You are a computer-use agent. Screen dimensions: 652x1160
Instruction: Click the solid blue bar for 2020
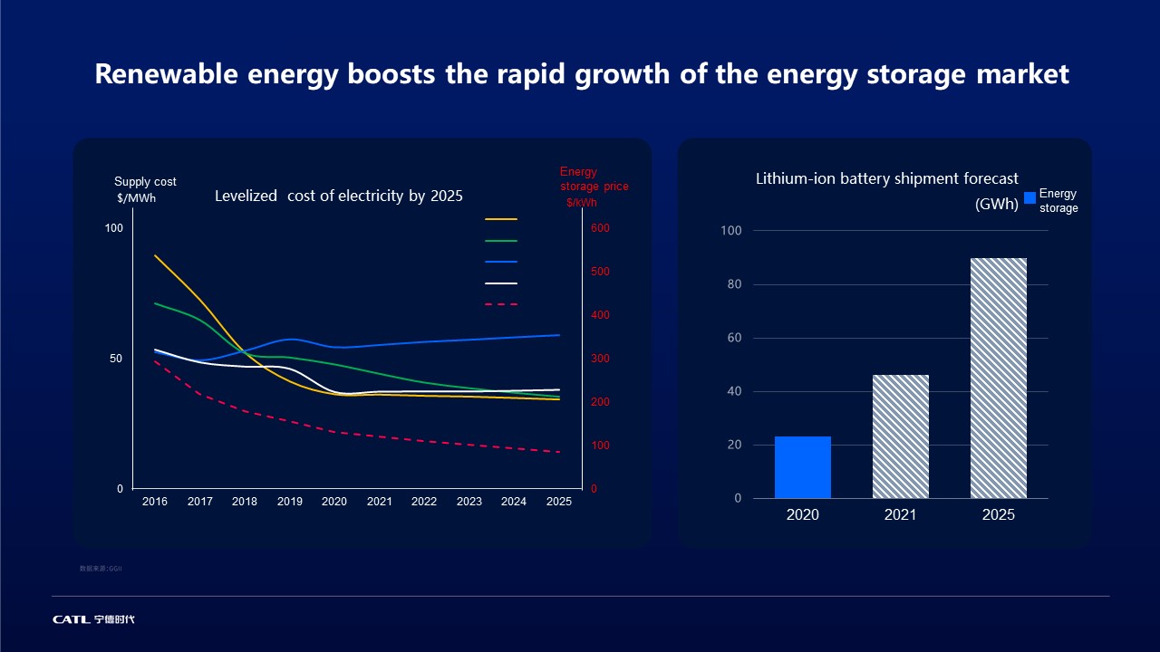(x=803, y=467)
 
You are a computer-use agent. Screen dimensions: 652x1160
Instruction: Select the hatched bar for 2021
(x=901, y=436)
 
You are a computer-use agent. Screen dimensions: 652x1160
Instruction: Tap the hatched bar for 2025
(x=999, y=379)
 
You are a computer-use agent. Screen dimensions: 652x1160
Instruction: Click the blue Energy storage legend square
(x=1029, y=198)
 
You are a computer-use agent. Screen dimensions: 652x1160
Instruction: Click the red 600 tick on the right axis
(x=601, y=228)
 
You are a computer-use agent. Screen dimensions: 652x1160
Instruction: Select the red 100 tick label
(x=601, y=446)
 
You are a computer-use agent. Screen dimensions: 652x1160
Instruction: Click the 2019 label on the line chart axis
(x=290, y=502)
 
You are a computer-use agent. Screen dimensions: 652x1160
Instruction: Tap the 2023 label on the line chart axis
(x=469, y=502)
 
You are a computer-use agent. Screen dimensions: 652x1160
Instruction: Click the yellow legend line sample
(x=501, y=219)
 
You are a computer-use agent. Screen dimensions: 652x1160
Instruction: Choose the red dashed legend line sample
(x=501, y=304)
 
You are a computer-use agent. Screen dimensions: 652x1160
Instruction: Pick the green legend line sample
(x=501, y=241)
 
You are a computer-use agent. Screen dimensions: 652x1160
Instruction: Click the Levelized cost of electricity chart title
(x=339, y=197)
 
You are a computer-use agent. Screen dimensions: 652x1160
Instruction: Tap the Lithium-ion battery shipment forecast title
(x=887, y=179)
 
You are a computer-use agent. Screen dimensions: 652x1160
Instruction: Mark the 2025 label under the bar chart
(x=999, y=515)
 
